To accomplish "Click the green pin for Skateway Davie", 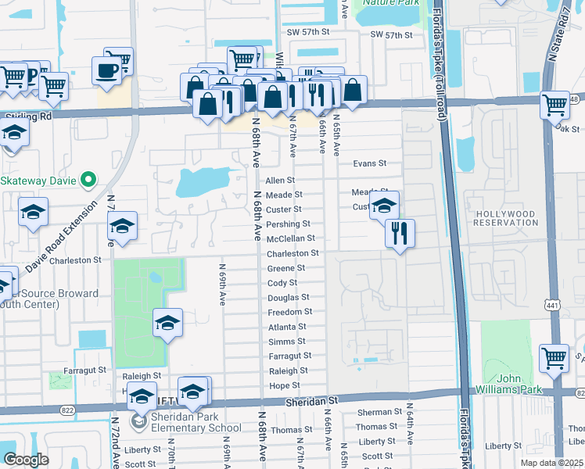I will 88,181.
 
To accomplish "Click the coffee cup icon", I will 106,71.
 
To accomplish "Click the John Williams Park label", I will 509,384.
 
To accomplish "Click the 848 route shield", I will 576,99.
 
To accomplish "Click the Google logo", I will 26,460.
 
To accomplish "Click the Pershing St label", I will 293,224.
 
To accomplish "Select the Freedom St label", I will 290,312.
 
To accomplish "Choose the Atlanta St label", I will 286,327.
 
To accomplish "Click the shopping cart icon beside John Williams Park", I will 554,357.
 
